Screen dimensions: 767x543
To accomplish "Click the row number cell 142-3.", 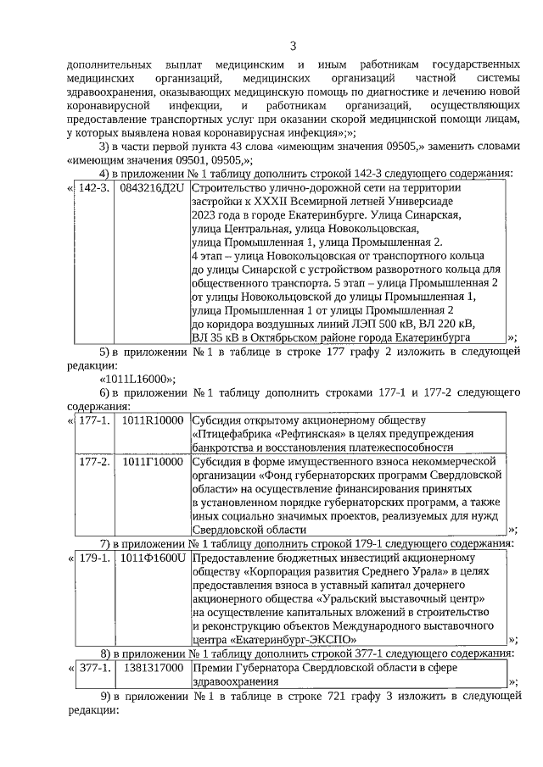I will (93, 187).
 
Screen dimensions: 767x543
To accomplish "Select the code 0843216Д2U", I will (152, 187).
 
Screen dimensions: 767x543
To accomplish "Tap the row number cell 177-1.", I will (93, 420).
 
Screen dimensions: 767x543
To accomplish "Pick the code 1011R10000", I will (152, 420).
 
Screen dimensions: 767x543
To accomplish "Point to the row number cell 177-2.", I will (93, 461).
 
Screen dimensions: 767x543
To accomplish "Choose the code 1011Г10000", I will (152, 461).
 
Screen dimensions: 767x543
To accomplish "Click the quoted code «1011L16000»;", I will (138, 379).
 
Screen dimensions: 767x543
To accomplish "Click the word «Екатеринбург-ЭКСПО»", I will (291, 640).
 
